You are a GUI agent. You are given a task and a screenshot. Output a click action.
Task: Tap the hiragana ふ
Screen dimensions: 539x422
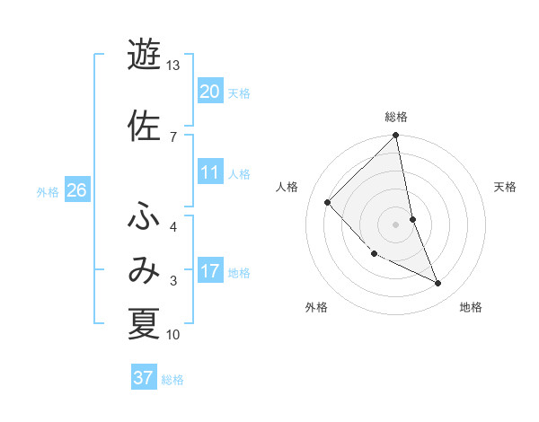click(x=144, y=216)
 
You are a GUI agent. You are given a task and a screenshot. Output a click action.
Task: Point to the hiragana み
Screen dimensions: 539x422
click(x=144, y=269)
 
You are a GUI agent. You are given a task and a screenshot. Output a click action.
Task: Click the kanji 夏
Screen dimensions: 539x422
click(x=144, y=323)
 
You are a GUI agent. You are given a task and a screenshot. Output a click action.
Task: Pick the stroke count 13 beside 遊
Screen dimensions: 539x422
click(x=172, y=66)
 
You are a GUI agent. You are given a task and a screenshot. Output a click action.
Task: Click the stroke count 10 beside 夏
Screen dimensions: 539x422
click(x=173, y=335)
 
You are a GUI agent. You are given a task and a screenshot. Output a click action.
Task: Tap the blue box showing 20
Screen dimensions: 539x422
click(x=210, y=91)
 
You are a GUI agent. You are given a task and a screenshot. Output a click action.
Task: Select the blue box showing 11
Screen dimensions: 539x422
click(x=210, y=172)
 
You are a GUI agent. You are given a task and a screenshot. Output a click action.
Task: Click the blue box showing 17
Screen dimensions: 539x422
click(x=210, y=271)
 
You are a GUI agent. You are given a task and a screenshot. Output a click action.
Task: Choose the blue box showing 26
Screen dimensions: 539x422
click(x=77, y=190)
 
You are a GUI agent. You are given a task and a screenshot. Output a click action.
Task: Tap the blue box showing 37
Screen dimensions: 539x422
click(x=144, y=378)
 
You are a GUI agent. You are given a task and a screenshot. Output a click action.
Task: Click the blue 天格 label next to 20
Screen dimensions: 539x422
click(x=239, y=92)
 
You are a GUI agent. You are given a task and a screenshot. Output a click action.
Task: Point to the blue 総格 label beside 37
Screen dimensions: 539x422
click(x=172, y=380)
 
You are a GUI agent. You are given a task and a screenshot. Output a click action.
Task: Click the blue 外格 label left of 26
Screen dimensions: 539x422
click(x=48, y=192)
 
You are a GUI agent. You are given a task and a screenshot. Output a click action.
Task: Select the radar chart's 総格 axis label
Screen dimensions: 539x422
click(x=396, y=117)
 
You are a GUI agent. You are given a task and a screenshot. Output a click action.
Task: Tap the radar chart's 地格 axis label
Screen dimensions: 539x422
click(x=471, y=307)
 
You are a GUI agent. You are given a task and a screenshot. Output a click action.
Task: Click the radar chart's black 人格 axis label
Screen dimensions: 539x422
click(x=287, y=187)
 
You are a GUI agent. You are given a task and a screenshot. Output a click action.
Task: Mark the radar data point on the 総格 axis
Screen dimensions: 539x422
click(x=396, y=136)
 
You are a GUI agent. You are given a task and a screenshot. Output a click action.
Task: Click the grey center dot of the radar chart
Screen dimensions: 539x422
click(x=396, y=224)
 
